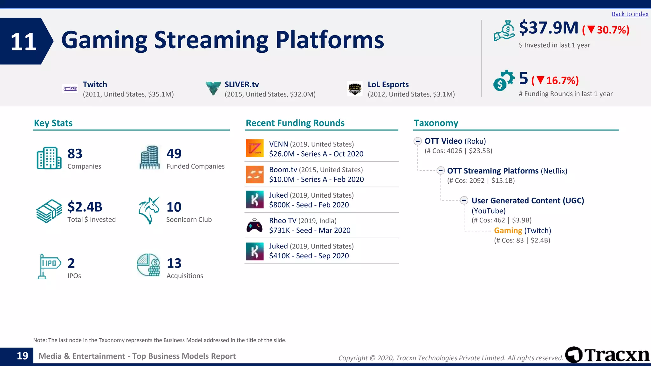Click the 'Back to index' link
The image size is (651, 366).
(x=630, y=14)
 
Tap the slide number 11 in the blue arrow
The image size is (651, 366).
(x=23, y=42)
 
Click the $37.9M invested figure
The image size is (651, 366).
(x=549, y=28)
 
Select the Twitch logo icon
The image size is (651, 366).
(x=70, y=89)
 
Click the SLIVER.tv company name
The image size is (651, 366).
(x=242, y=85)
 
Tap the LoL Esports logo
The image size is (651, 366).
(x=355, y=89)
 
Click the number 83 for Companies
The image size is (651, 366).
(x=75, y=154)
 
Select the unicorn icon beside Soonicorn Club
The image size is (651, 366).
(x=149, y=211)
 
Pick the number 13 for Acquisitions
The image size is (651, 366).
(x=174, y=263)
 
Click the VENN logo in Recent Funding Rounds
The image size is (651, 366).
(x=255, y=148)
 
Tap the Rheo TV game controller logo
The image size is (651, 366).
(x=255, y=225)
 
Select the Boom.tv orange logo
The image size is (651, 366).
(x=255, y=174)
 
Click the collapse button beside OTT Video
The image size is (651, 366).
(x=418, y=141)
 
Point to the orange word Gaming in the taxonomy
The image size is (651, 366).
(x=508, y=231)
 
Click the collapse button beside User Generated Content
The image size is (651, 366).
(x=464, y=200)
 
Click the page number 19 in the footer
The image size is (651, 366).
(x=22, y=356)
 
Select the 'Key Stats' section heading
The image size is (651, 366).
(x=53, y=123)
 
